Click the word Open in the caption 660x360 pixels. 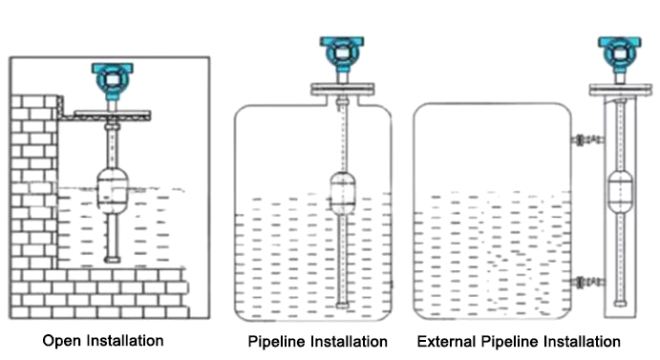(60, 339)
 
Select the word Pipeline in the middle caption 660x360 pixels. (276, 341)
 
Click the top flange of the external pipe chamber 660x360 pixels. (616, 91)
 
